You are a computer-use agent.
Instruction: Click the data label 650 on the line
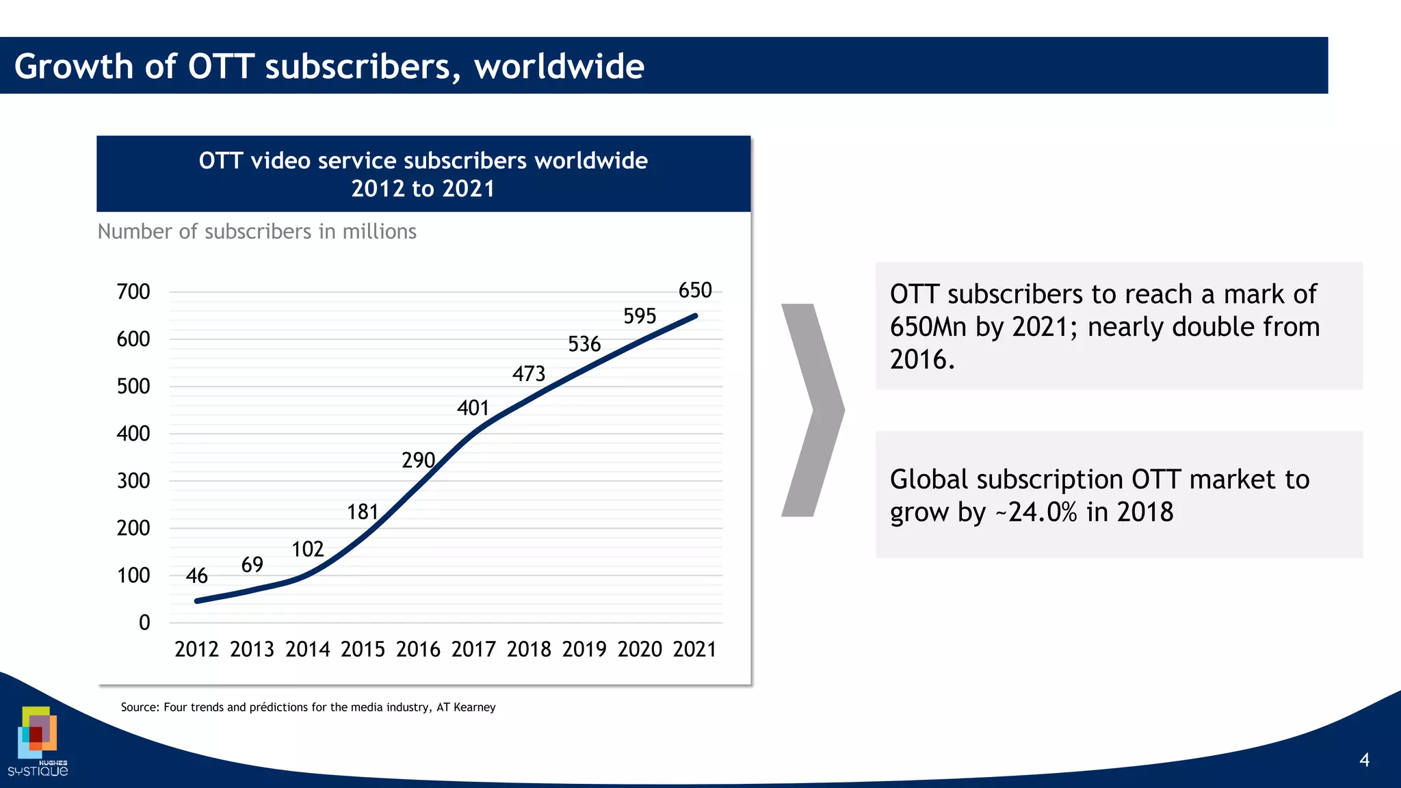click(x=695, y=290)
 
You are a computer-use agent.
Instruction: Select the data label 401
click(x=473, y=408)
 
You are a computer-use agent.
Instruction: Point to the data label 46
click(x=196, y=576)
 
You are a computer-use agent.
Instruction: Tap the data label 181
click(x=363, y=512)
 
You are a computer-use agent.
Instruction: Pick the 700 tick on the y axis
click(x=133, y=292)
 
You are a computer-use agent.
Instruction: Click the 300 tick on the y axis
click(x=133, y=481)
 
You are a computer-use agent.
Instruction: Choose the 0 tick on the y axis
click(x=144, y=622)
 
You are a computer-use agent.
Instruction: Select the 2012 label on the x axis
click(x=196, y=649)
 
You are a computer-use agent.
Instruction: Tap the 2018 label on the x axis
click(x=529, y=649)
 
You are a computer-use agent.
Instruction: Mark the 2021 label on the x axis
click(x=694, y=649)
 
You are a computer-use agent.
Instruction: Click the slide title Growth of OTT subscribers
click(x=329, y=66)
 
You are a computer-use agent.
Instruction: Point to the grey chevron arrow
click(x=813, y=410)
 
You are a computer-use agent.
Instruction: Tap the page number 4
click(x=1364, y=760)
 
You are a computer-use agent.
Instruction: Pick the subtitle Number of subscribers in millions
click(x=257, y=232)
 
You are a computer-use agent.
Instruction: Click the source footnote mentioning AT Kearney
click(x=308, y=707)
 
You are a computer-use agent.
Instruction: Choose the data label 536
click(x=584, y=343)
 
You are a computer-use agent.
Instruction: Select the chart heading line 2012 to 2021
click(x=423, y=189)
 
